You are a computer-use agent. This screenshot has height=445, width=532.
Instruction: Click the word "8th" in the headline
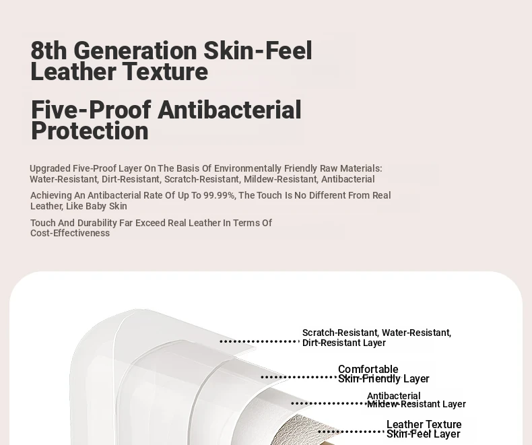coord(48,50)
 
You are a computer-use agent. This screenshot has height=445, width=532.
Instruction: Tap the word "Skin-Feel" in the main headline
coord(257,50)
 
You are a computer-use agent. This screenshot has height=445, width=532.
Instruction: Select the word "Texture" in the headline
coord(165,71)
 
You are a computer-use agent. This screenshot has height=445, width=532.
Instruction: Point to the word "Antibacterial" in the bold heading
coord(230,110)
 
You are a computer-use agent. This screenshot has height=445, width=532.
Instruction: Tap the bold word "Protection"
coord(90,131)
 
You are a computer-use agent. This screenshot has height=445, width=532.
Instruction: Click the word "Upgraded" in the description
coord(50,168)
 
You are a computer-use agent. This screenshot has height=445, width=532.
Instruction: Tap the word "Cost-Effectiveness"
coord(70,233)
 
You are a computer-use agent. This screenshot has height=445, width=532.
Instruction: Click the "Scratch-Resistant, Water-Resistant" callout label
coord(376,333)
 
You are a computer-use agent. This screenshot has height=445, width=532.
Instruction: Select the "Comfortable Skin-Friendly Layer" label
coord(384,374)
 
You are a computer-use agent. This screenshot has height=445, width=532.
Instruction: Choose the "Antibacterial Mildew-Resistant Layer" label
coord(416,400)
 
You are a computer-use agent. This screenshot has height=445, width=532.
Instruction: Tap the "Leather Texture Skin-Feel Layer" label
coord(424,429)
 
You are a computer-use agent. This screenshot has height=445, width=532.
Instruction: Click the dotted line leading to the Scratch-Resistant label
coord(259,341)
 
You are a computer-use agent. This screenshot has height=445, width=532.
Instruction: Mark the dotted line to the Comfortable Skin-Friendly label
coord(298,377)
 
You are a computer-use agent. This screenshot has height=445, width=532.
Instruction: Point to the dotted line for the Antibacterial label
coord(329,403)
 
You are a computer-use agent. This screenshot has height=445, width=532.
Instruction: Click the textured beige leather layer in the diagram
coord(298,429)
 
